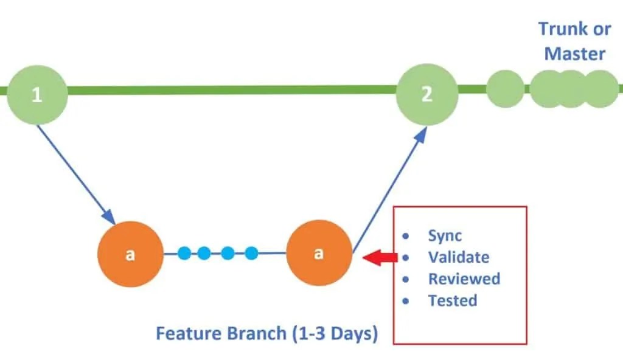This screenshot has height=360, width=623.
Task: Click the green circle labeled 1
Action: (37, 95)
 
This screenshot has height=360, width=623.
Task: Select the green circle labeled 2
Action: (426, 94)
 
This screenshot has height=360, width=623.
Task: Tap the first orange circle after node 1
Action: (130, 254)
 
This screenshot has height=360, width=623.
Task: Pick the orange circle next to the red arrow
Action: (319, 254)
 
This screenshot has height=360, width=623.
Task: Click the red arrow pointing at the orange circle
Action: (380, 258)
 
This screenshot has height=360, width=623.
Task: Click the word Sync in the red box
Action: (445, 236)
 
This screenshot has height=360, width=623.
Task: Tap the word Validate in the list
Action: (458, 257)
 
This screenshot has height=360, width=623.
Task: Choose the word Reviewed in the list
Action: (464, 279)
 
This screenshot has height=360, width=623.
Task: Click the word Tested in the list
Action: (452, 300)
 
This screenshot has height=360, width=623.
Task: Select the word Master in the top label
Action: (574, 54)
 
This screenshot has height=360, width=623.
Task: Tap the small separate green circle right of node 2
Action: (505, 89)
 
